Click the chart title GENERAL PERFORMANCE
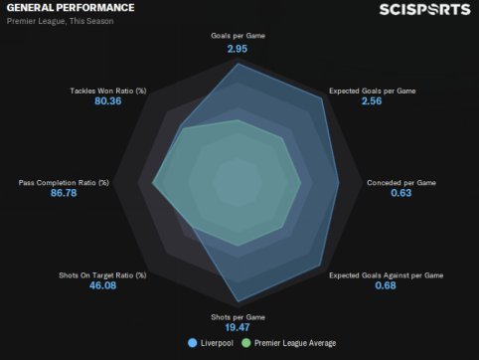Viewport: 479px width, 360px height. click(71, 8)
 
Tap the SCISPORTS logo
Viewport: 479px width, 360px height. click(425, 9)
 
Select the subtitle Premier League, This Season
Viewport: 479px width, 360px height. click(61, 21)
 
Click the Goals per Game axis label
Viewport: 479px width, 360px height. click(238, 36)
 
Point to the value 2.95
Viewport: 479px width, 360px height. click(238, 49)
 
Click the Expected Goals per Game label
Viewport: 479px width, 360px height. click(372, 90)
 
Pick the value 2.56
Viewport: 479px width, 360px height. click(372, 100)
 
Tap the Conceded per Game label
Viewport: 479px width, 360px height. click(401, 183)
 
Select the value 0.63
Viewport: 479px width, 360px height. click(401, 193)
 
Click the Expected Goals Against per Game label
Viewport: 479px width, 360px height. click(386, 275)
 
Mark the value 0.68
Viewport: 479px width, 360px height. click(386, 285)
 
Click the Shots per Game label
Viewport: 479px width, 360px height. click(238, 317)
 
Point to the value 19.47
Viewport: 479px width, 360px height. click(238, 327)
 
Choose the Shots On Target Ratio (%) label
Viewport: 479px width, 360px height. click(102, 275)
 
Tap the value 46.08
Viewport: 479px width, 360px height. click(102, 285)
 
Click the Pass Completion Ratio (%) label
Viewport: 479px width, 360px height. click(64, 183)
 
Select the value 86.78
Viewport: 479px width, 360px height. click(64, 193)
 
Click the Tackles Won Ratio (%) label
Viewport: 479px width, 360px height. click(108, 90)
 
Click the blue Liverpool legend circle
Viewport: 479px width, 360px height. click(192, 343)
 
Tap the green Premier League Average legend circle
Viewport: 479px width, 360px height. click(246, 343)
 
